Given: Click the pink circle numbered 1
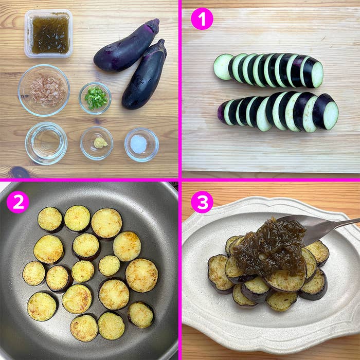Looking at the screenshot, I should [202, 19].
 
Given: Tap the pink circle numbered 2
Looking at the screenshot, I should [17, 202].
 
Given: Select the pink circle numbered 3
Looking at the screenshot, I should [202, 202].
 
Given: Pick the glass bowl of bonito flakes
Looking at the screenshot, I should [44, 90].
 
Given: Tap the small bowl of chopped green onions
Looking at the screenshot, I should [95, 98].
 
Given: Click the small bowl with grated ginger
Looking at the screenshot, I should [97, 143].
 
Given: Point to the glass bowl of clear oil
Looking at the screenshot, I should [46, 142].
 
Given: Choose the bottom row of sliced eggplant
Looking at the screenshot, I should [278, 111].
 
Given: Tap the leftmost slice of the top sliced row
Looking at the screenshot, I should [223, 67].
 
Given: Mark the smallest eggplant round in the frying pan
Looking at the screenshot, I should [109, 265].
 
